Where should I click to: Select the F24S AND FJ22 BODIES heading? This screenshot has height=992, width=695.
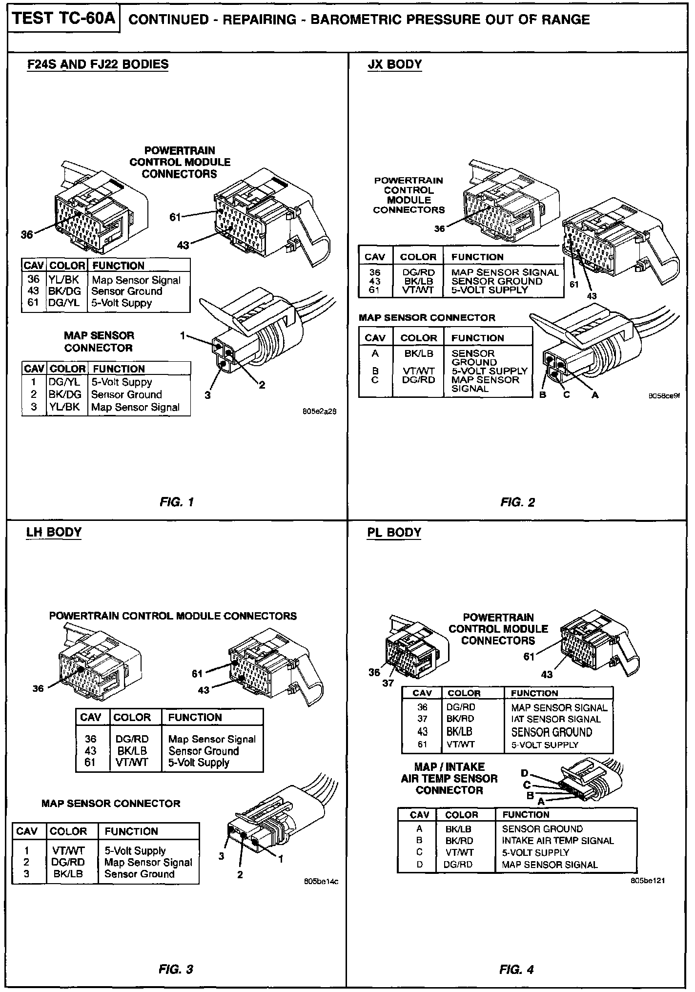[x=97, y=64]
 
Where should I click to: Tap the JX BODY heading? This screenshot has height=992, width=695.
[x=394, y=64]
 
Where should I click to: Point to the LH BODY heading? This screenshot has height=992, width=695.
[x=54, y=532]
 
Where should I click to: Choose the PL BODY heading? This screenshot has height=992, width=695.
[x=394, y=532]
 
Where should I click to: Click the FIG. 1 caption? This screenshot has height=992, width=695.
[x=177, y=502]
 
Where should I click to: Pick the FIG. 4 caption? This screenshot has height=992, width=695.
[x=516, y=970]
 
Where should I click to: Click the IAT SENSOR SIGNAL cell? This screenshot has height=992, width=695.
[x=555, y=719]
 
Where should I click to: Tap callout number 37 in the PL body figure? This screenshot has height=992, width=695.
[x=388, y=683]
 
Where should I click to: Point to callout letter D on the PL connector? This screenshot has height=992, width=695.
[x=525, y=773]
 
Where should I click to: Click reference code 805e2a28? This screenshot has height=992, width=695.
[x=320, y=412]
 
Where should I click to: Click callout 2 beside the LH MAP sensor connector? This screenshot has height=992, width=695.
[x=240, y=874]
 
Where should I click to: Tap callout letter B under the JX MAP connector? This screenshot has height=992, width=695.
[x=542, y=395]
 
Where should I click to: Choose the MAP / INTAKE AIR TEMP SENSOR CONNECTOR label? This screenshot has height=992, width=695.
[x=449, y=778]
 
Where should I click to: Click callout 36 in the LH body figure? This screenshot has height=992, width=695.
[x=38, y=688]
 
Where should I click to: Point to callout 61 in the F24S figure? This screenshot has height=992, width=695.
[x=175, y=217]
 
